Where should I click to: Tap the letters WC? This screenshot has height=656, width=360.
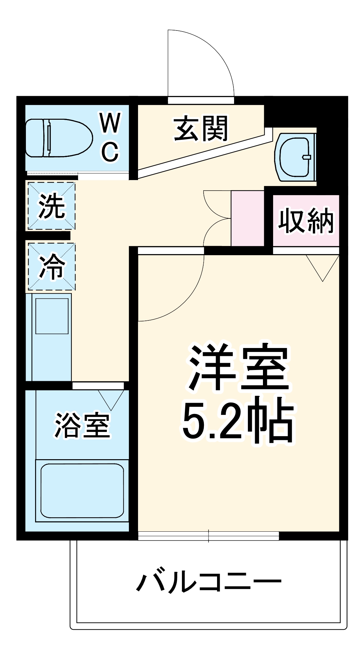[110, 137]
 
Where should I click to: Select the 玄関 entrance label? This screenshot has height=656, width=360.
[201, 129]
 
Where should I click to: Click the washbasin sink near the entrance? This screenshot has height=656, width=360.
[294, 157]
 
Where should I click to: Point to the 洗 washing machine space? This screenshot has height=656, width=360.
[51, 206]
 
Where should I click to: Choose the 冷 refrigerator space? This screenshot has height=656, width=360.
[51, 267]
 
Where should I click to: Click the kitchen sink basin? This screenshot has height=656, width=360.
[52, 316]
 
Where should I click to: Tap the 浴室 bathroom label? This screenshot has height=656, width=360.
[82, 425]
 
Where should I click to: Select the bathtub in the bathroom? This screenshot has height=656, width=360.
[82, 490]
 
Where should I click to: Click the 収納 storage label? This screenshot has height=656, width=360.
[306, 221]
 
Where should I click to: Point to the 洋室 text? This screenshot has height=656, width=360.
[238, 367]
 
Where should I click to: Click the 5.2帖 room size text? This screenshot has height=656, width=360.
[238, 420]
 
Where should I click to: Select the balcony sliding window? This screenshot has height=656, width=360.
[209, 536]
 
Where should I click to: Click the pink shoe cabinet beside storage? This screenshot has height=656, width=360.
[248, 218]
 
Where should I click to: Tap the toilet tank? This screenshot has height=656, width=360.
[34, 138]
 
